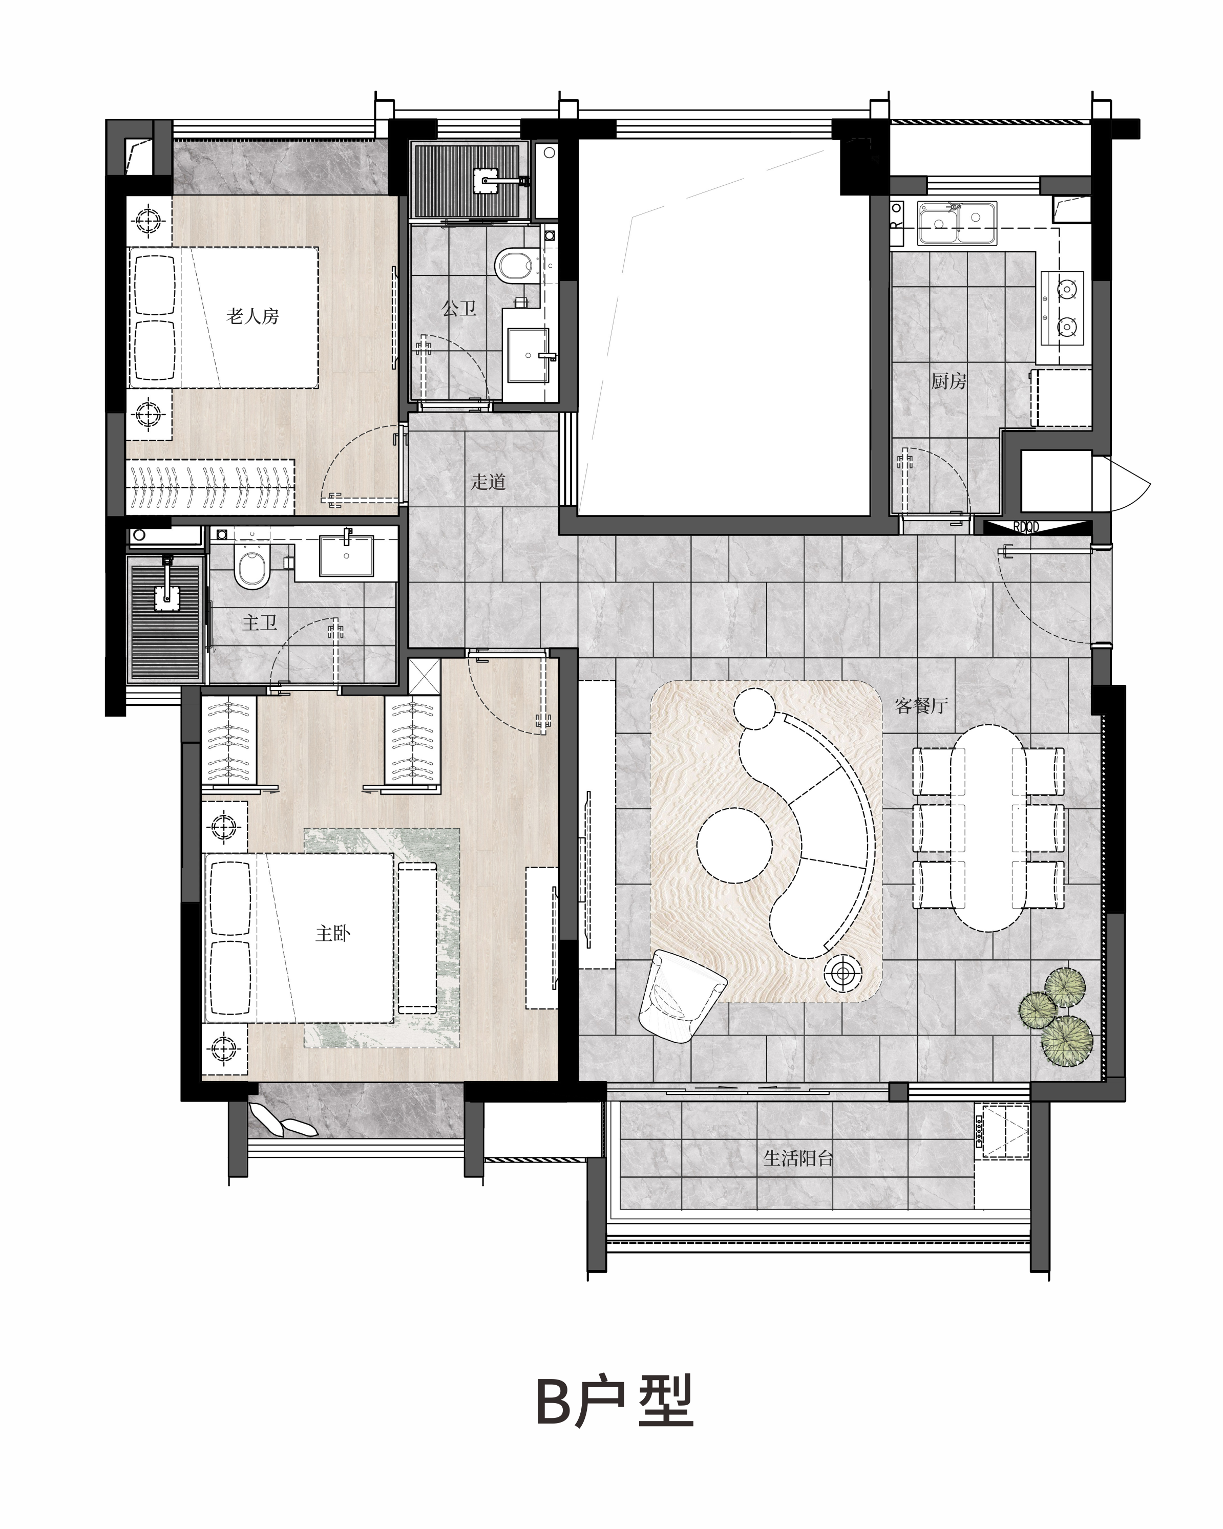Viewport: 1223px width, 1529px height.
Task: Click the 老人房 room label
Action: [252, 316]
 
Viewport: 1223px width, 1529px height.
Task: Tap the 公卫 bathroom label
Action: [459, 309]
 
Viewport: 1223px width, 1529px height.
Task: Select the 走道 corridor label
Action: [488, 482]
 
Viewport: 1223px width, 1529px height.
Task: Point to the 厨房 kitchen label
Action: [948, 381]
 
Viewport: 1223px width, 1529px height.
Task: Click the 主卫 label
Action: [260, 622]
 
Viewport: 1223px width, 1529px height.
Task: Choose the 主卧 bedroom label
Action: [333, 933]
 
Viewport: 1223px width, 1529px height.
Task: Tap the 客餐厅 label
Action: [921, 706]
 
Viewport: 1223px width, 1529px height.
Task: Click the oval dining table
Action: [988, 827]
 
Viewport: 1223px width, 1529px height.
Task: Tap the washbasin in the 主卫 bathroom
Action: [346, 554]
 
